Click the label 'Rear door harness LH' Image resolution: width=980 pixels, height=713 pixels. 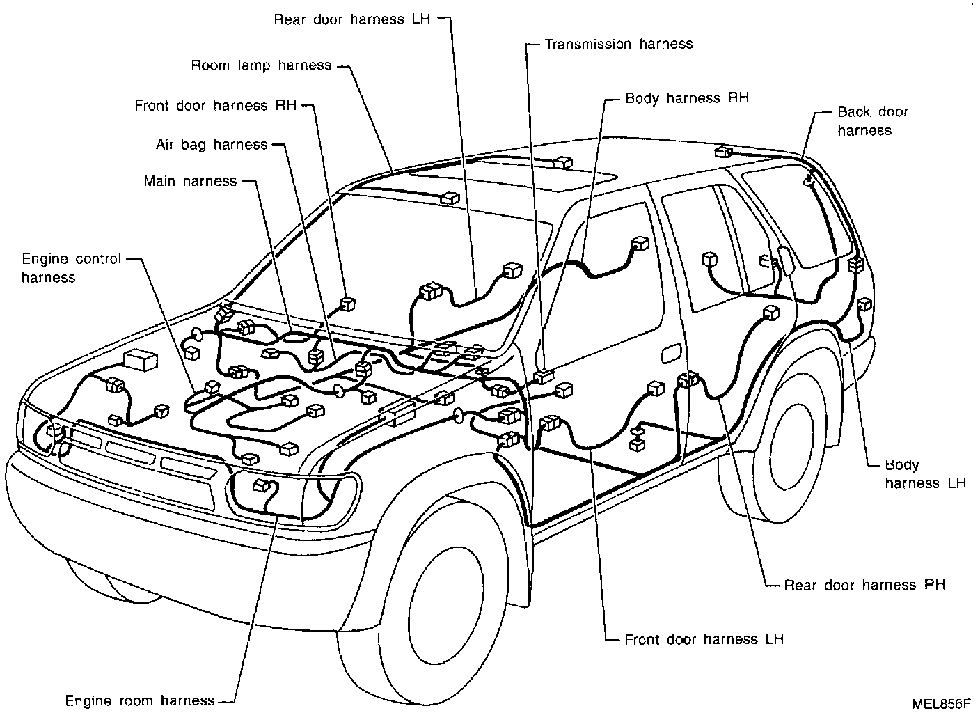[x=352, y=19]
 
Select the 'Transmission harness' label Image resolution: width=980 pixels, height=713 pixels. [x=619, y=44]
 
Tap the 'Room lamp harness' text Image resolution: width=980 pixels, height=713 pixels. [x=261, y=65]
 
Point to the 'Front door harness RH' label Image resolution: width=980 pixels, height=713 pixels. [x=216, y=106]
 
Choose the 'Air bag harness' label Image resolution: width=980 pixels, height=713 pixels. [x=212, y=145]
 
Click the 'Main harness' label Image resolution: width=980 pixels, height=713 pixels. [x=190, y=181]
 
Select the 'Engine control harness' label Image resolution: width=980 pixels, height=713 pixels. [x=71, y=268]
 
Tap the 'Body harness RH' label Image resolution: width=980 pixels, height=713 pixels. [x=687, y=98]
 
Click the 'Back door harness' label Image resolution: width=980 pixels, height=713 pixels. [x=873, y=121]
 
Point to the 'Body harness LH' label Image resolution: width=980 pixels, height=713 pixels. [x=925, y=474]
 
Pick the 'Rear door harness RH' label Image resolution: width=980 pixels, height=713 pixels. [x=864, y=585]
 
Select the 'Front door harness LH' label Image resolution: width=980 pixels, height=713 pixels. [x=704, y=639]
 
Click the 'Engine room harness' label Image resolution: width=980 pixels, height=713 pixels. [x=140, y=700]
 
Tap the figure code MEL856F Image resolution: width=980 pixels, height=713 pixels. [x=940, y=704]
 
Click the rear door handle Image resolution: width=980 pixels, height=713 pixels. [x=671, y=354]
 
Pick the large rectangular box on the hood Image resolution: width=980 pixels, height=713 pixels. [x=141, y=360]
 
